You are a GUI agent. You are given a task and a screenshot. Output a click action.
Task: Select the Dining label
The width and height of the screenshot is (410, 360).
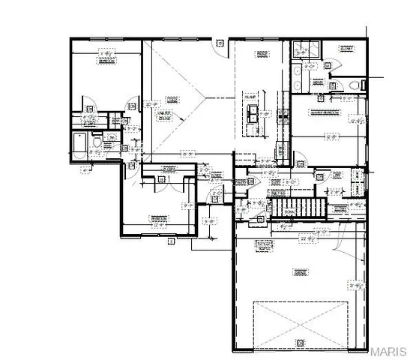coord(262,54)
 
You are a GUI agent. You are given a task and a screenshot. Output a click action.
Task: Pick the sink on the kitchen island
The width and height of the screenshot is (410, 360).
coord(254,115)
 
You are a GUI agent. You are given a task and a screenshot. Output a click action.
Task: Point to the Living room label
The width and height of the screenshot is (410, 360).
coord(172,98)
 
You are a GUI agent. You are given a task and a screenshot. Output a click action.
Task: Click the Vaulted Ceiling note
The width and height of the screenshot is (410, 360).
coord(163,115)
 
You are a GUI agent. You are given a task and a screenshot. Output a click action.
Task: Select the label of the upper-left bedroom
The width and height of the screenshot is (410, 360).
coord(106,63)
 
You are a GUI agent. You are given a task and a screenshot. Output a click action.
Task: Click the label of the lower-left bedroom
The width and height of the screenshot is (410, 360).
coord(159,218)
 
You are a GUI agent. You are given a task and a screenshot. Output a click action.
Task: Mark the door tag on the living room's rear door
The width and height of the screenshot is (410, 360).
coord(219,43)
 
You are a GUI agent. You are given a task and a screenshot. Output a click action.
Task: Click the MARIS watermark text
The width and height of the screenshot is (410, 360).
coord(389,351)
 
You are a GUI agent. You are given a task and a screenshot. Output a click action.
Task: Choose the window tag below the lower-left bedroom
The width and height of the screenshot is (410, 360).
coord(172,241)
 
